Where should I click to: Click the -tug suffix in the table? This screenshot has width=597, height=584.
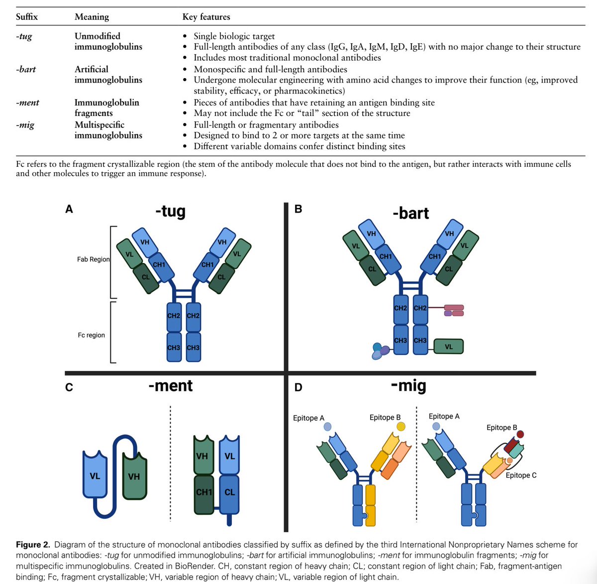(24, 36)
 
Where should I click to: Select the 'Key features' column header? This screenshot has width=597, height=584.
(206, 16)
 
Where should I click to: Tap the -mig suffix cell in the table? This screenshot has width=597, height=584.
(25, 125)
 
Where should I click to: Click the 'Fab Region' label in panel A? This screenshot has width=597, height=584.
(93, 259)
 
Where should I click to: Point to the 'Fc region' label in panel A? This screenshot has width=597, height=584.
(91, 335)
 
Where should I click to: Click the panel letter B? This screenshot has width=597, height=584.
(298, 209)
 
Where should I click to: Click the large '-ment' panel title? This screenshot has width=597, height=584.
(171, 385)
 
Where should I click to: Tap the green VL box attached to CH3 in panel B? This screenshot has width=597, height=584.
(448, 347)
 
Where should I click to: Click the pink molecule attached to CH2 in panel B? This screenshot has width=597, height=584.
(454, 311)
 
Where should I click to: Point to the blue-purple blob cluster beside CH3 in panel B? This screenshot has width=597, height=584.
(380, 351)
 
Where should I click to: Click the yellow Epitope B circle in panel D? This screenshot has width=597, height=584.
(400, 427)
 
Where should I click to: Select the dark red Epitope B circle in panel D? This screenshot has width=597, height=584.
(520, 434)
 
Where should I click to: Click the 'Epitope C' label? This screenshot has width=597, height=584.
(521, 475)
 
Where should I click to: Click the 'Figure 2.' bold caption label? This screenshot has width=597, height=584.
(33, 545)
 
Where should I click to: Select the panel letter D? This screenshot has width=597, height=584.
(298, 387)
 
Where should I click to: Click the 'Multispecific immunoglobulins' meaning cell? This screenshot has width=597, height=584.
(108, 130)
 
